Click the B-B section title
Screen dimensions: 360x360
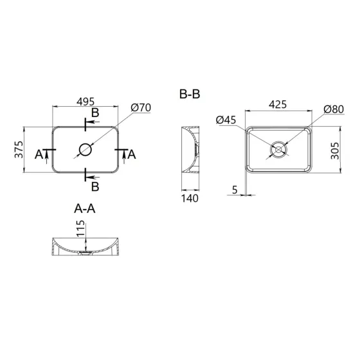click(x=190, y=94)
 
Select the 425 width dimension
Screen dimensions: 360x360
click(x=278, y=104)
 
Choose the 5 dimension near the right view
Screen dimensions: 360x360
click(x=235, y=190)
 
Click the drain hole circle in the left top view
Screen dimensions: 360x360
click(x=85, y=150)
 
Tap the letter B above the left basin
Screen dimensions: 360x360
click(x=95, y=114)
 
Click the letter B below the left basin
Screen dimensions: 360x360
click(x=95, y=186)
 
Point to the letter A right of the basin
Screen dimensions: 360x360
click(x=132, y=154)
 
